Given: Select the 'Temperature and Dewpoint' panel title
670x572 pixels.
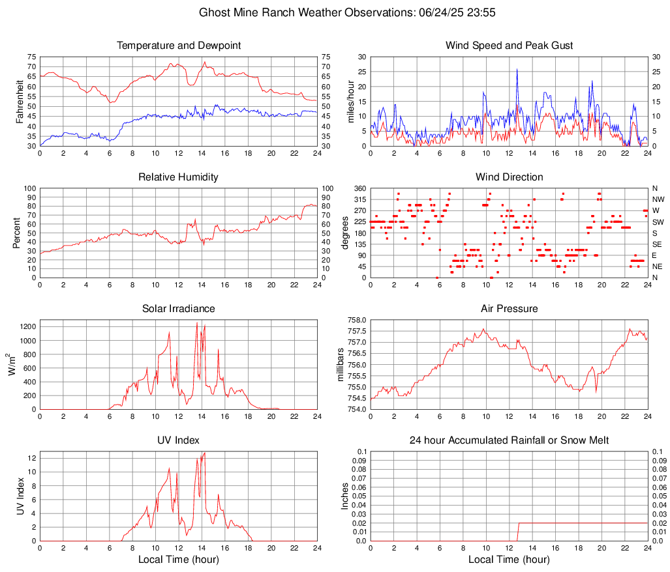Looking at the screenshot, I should click(179, 46).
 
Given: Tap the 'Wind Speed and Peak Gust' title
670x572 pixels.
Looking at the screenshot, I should click(509, 46).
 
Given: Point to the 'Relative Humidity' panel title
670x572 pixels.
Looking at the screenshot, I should click(179, 177).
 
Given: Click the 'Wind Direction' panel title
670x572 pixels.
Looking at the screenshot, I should click(509, 177).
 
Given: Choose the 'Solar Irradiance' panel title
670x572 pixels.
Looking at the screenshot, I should click(179, 308).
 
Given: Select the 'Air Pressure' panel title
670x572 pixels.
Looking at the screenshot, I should click(509, 308).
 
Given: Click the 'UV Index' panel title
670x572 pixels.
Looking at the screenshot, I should click(179, 440).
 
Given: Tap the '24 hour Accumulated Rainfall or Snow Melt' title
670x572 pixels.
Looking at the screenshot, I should click(509, 441).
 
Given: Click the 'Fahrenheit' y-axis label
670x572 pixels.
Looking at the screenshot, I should click(20, 102).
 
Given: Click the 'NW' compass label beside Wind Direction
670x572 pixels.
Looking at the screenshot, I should click(658, 199).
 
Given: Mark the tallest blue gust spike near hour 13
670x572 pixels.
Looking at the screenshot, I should click(517, 70).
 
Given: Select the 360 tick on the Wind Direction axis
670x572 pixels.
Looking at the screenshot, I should click(359, 188).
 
